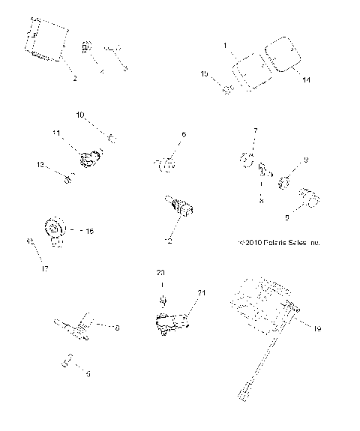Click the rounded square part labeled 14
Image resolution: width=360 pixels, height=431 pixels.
tap(283, 53)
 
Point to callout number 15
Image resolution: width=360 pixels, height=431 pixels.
tap(205, 74)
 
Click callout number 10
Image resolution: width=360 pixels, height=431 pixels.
tap(80, 115)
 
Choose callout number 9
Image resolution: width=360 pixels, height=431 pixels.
tap(305, 160)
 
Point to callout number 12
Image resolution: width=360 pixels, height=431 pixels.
tap(169, 243)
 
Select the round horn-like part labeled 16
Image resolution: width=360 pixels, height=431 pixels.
tap(54, 227)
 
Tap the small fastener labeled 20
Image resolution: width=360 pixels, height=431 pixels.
tap(160, 301)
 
